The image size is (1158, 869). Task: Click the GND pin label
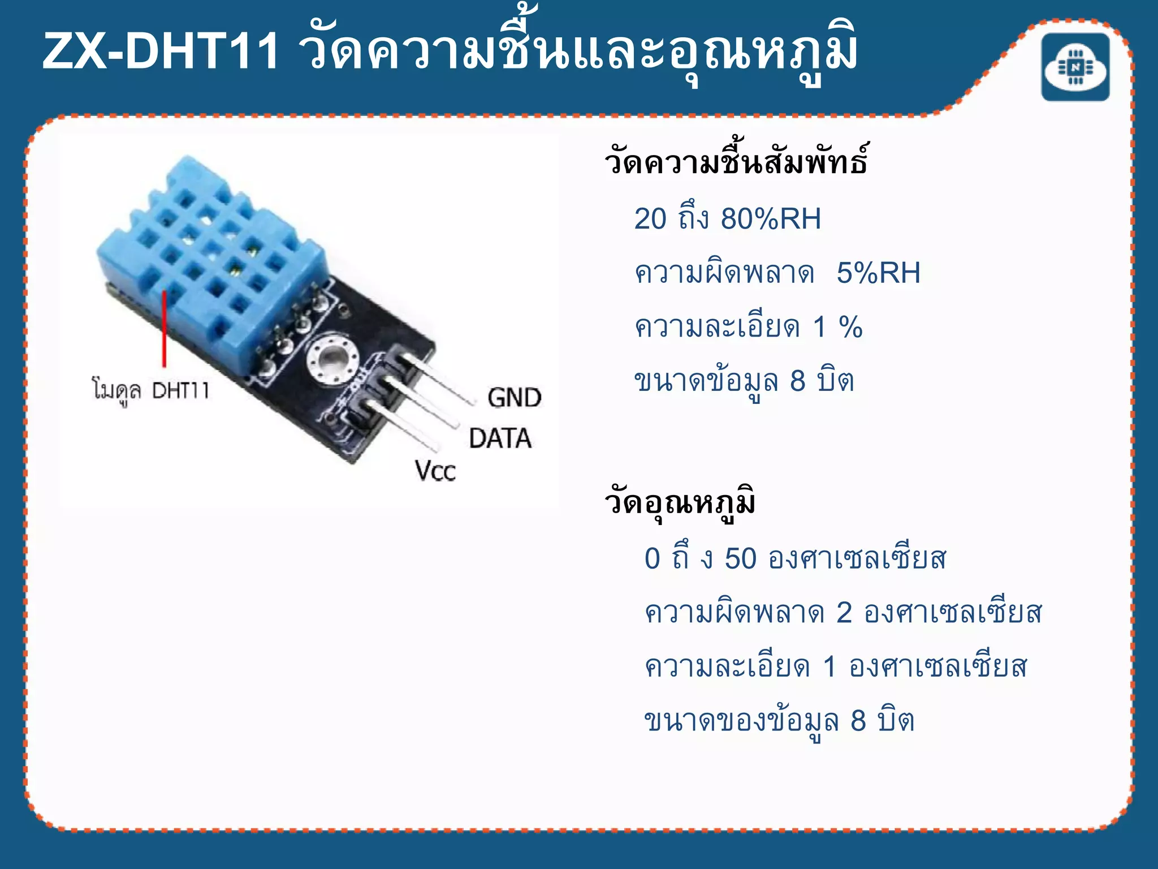click(514, 398)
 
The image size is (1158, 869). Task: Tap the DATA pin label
click(500, 438)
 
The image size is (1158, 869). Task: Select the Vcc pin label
click(435, 471)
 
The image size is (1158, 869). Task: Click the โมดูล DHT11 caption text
click(151, 390)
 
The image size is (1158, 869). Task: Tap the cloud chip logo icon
click(1075, 67)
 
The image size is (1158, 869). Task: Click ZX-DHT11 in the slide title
click(161, 52)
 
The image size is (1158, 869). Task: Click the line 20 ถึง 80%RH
click(727, 218)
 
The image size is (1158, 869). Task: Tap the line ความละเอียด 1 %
click(748, 327)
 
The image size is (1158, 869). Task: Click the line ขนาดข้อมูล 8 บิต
click(744, 381)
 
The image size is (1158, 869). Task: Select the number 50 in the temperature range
click(740, 559)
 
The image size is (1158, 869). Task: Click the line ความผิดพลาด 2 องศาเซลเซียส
click(842, 613)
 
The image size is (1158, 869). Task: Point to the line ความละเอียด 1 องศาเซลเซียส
click(835, 667)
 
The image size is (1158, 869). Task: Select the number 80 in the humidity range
click(737, 218)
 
